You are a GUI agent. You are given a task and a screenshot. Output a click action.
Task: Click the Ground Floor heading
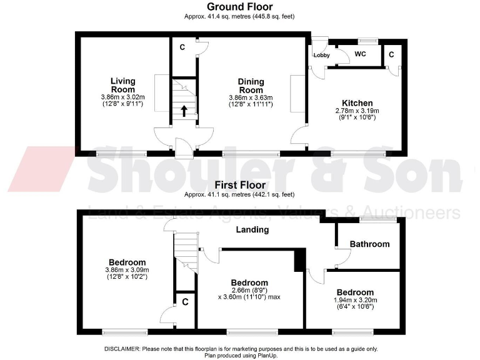click(240, 7)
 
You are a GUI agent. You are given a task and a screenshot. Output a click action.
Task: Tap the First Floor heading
click(240, 185)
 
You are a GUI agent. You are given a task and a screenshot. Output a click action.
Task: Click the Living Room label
click(122, 85)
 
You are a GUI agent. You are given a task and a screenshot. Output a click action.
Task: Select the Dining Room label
click(251, 86)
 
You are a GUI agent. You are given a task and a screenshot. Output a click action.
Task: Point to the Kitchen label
click(357, 103)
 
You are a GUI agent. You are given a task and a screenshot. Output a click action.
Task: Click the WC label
click(360, 54)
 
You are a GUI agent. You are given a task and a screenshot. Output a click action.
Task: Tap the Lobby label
click(322, 56)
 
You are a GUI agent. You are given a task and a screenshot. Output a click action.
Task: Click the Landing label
click(252, 229)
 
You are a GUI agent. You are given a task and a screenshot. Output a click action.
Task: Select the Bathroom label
click(369, 244)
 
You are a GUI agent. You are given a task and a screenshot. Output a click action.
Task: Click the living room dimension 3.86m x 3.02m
click(122, 97)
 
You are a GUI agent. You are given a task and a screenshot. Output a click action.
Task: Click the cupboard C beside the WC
click(391, 54)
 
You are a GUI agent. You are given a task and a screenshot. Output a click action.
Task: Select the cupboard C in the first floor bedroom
click(185, 301)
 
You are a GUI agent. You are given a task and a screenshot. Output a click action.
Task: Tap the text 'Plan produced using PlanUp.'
click(240, 355)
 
